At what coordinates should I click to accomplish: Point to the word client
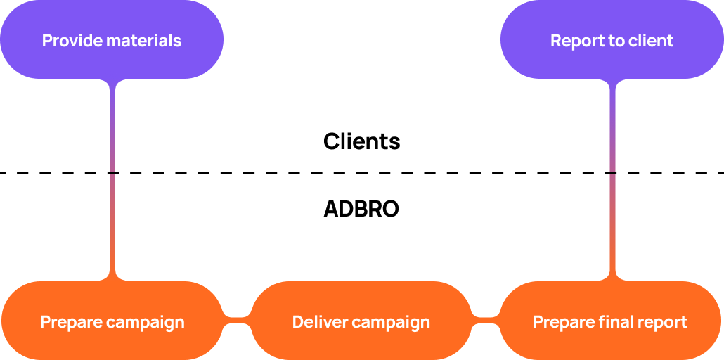(651, 41)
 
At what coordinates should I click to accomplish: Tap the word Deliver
(320, 323)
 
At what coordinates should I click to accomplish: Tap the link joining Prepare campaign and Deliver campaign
(237, 321)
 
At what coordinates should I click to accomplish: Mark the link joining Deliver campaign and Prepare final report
(485, 321)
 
